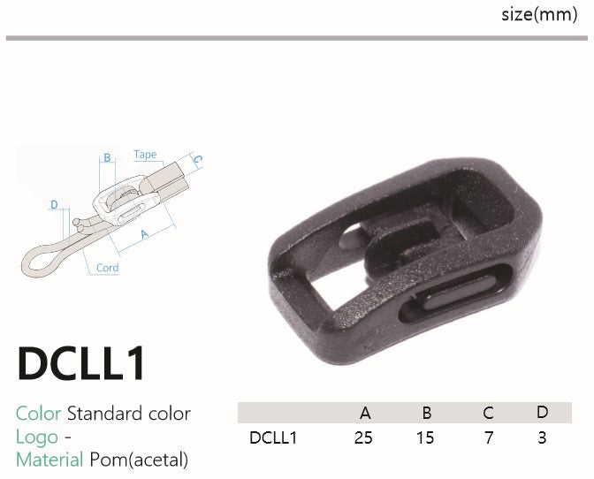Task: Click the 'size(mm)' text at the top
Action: (539, 15)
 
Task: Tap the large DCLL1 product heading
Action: (81, 362)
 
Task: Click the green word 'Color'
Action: (38, 413)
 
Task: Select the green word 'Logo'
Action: (37, 437)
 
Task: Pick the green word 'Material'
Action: (49, 460)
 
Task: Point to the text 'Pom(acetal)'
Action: (139, 460)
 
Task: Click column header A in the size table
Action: (365, 413)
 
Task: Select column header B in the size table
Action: (427, 413)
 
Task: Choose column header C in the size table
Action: (488, 413)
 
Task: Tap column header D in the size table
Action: (542, 412)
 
